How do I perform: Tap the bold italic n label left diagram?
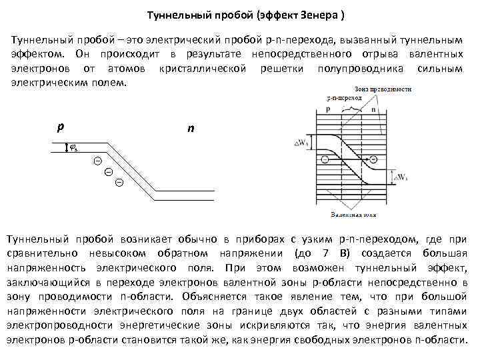(x=191, y=128)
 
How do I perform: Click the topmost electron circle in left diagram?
(x=97, y=161)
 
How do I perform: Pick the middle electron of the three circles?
(x=108, y=172)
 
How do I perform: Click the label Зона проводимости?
(x=383, y=89)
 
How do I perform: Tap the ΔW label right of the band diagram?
(x=402, y=177)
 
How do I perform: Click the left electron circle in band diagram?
(x=325, y=159)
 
